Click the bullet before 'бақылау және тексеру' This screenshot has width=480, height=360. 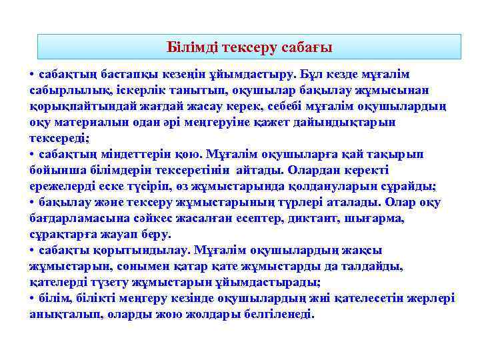click(33, 203)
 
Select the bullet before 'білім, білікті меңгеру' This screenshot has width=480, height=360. click(33, 299)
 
